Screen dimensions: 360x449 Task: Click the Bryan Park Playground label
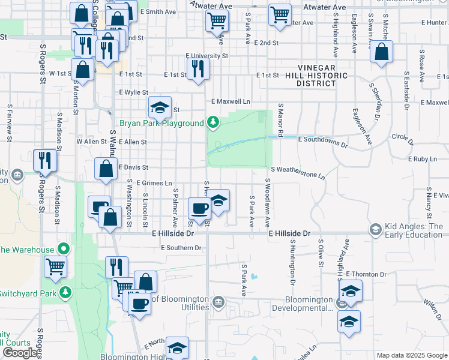[x=161, y=123]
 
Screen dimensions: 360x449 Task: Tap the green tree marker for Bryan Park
[x=212, y=123]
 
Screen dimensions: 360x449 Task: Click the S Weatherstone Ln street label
[x=297, y=173]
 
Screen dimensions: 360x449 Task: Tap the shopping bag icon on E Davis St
[x=106, y=170]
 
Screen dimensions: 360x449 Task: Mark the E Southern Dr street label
[x=181, y=248]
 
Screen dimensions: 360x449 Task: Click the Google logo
[x=20, y=353]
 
